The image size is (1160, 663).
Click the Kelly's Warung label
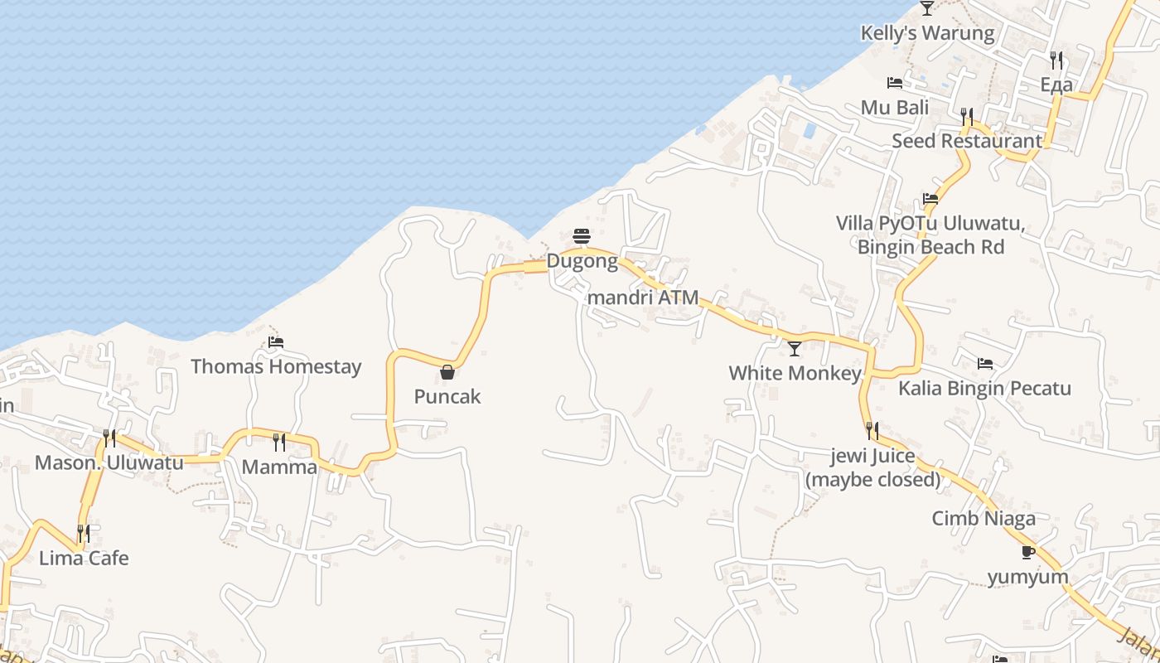[x=927, y=33]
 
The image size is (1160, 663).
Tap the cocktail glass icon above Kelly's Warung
[x=927, y=8]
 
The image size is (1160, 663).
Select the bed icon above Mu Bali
[x=895, y=83]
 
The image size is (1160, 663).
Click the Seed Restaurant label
[x=967, y=141]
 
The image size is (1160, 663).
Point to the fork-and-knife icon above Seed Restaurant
[x=967, y=116]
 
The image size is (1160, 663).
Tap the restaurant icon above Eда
[x=1056, y=60]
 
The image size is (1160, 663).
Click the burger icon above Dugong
[x=582, y=237]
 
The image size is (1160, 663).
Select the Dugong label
[x=582, y=262]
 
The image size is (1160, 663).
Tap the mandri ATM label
[x=643, y=297]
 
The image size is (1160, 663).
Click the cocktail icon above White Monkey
[x=795, y=348]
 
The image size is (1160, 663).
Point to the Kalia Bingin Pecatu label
[x=985, y=388]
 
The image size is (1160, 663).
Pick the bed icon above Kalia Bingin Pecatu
[x=985, y=363]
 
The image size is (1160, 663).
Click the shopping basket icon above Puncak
[x=447, y=372]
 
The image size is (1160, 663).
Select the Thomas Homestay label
[x=276, y=366]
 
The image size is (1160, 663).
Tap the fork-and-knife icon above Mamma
[x=279, y=442]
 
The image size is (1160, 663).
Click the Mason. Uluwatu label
[x=109, y=462]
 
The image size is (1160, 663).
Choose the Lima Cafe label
[x=84, y=558]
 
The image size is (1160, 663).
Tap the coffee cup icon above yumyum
[x=1028, y=552]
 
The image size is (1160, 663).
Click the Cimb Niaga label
[x=984, y=519]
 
